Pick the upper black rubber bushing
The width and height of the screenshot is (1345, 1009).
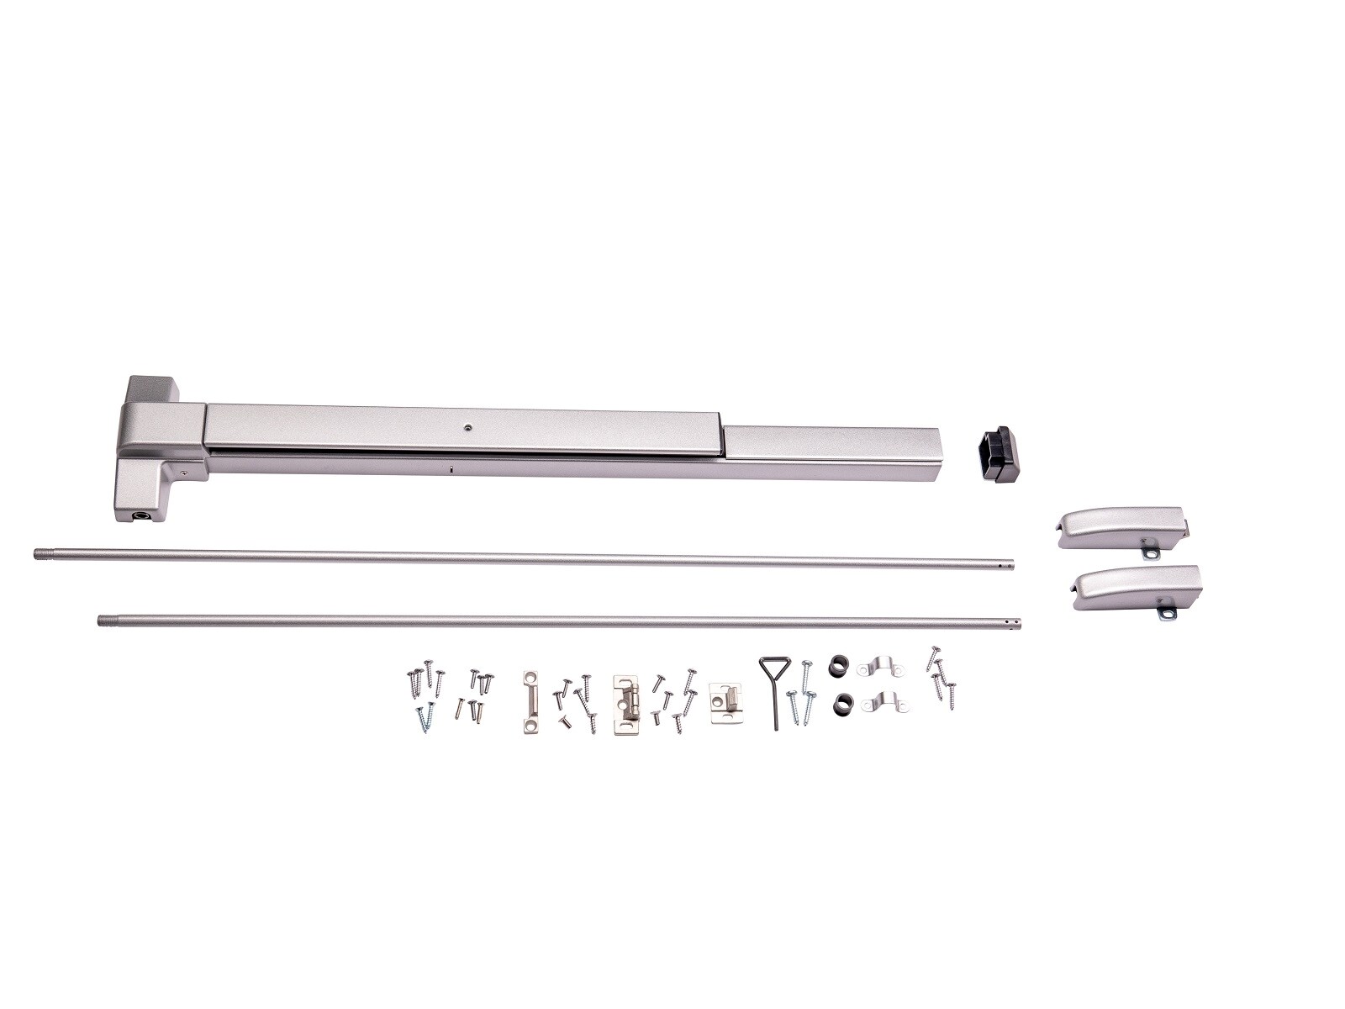point(838,663)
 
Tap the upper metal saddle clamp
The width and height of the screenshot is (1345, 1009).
point(880,668)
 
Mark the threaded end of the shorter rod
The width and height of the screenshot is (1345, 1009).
point(105,621)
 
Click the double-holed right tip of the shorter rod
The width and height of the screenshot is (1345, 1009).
point(1015,623)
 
